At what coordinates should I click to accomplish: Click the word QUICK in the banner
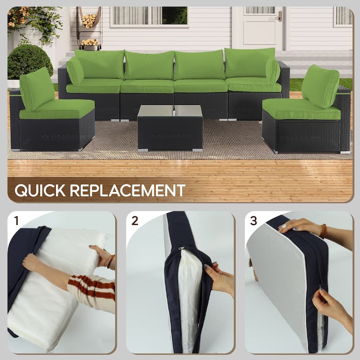[x=40, y=190]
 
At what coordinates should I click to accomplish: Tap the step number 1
[x=16, y=220]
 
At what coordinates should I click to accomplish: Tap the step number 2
[x=135, y=220]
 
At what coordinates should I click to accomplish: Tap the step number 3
[x=253, y=220]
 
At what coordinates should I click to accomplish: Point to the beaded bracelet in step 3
[x=323, y=231]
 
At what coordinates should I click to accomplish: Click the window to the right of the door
[x=343, y=16]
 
